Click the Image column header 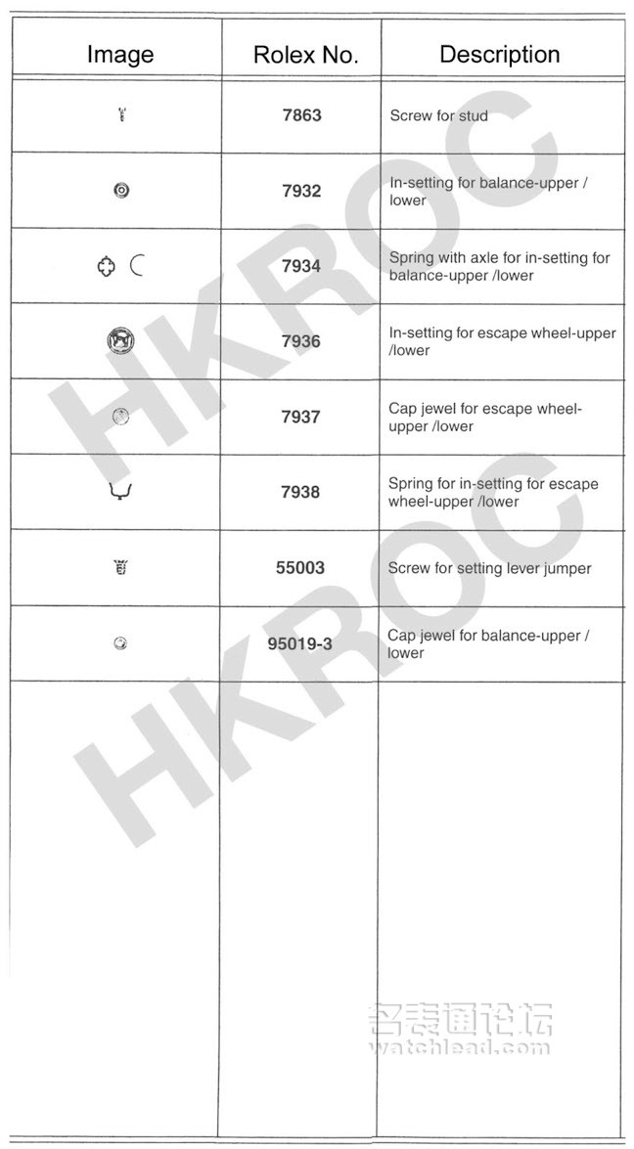pos(120,55)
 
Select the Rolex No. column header pos(305,55)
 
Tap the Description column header pos(499,54)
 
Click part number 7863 pos(301,115)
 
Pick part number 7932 pos(301,191)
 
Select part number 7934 pos(301,266)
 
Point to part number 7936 pos(301,341)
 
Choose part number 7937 pos(301,417)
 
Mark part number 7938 pos(301,492)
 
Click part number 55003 pos(300,567)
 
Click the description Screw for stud pos(438,115)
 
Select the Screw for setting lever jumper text pos(489,568)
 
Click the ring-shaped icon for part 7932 pos(120,191)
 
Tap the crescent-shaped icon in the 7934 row pos(136,265)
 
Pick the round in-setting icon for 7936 pos(119,341)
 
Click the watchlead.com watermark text pos(459,1047)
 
